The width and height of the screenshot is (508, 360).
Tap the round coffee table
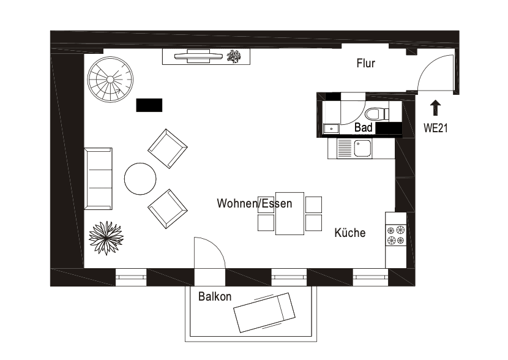(x=140, y=178)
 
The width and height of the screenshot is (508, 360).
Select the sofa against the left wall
(x=98, y=178)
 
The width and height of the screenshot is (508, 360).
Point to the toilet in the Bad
(x=375, y=113)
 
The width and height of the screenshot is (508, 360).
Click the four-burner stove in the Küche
(x=395, y=235)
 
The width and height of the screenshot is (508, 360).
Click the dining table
(x=289, y=214)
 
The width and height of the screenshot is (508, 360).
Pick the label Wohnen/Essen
(x=254, y=203)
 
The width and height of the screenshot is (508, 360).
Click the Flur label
(x=365, y=63)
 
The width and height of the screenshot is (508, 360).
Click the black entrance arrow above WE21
(x=435, y=108)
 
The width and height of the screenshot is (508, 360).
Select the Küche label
(x=350, y=233)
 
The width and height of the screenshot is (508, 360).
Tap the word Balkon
(x=215, y=297)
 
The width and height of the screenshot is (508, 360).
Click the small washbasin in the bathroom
(x=331, y=128)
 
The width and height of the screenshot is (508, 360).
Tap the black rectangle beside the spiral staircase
(x=149, y=105)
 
